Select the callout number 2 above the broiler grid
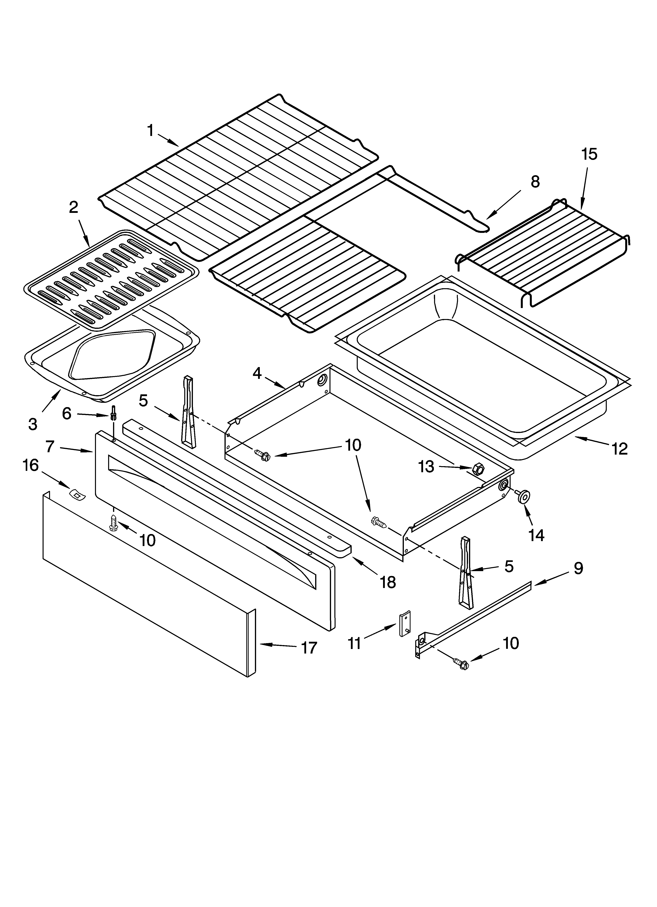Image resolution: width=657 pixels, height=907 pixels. click(x=74, y=207)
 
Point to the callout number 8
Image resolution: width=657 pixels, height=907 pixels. click(x=535, y=182)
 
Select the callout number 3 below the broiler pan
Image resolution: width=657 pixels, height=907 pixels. click(x=33, y=424)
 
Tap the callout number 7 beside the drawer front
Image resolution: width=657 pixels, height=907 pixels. click(x=50, y=446)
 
